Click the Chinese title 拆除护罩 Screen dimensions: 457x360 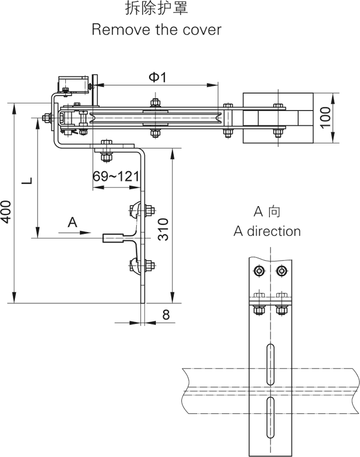click(x=156, y=9)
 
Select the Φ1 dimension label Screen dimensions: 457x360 click(x=157, y=77)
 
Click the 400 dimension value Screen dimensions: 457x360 click(x=6, y=211)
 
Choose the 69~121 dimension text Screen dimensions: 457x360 click(x=116, y=176)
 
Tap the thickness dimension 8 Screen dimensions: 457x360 click(x=166, y=315)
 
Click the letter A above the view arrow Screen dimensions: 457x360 click(x=73, y=222)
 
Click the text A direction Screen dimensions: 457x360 click(x=267, y=231)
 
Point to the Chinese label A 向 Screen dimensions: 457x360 click(x=267, y=211)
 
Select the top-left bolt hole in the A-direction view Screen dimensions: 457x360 click(x=259, y=270)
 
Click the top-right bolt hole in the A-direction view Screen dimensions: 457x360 click(x=281, y=270)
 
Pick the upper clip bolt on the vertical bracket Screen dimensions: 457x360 click(x=149, y=210)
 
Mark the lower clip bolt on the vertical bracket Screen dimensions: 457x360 click(x=149, y=266)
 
